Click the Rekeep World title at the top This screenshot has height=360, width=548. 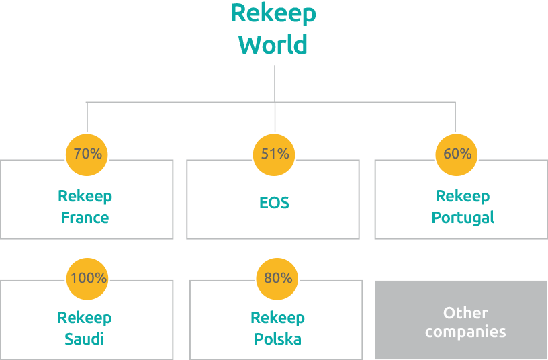click(273, 29)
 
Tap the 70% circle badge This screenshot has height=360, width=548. click(87, 154)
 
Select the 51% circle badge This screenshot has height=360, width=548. click(275, 154)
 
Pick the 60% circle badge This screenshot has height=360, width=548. click(457, 154)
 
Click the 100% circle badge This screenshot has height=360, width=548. click(87, 277)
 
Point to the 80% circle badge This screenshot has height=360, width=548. click(277, 277)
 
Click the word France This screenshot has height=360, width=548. click(85, 218)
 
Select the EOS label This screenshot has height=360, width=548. click(274, 203)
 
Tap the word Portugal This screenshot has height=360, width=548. click(463, 218)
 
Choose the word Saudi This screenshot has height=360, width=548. click(85, 339)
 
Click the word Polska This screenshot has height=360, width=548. click(277, 339)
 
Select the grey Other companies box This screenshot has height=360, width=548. click(461, 320)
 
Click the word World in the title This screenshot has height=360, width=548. click(273, 45)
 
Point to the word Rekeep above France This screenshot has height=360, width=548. click(85, 196)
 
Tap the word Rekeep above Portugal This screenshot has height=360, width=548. click(463, 196)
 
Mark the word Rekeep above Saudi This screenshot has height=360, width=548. click(85, 318)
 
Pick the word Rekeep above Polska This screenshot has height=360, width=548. click(277, 318)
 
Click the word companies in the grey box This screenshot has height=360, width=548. click(465, 332)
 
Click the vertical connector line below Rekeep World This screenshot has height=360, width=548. click(275, 81)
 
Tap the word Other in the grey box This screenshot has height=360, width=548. click(465, 312)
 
